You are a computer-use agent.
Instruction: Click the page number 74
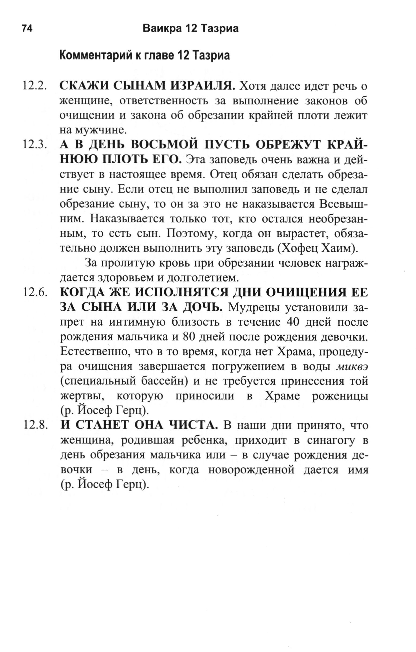27,28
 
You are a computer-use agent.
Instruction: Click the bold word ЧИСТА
193,426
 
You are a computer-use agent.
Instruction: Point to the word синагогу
330,440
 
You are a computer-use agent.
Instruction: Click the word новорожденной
251,470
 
